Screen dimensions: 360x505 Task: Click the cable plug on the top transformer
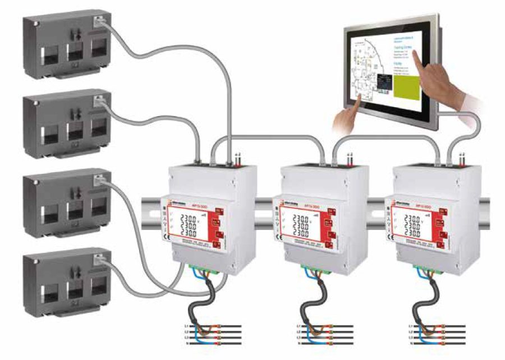99,22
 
